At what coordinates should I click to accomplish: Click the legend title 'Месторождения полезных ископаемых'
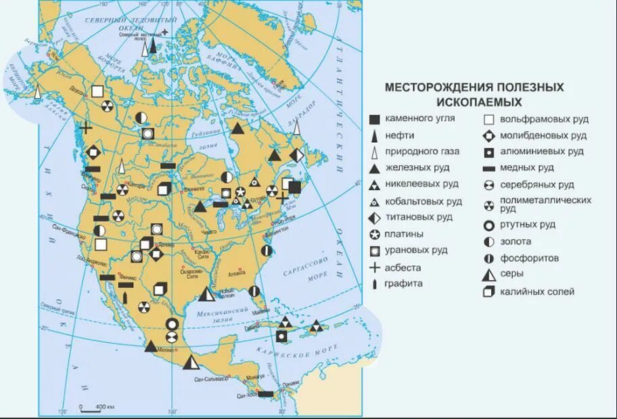[474, 95]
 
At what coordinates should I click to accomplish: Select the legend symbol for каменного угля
[374, 119]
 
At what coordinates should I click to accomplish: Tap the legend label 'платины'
[405, 234]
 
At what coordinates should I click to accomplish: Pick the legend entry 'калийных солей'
[537, 292]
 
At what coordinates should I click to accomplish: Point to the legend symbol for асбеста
[374, 267]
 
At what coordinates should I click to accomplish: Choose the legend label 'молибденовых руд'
[543, 135]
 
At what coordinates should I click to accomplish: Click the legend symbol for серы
[487, 274]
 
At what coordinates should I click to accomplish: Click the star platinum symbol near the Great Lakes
[240, 192]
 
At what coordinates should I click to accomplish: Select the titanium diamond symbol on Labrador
[297, 155]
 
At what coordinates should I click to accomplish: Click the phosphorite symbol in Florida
[253, 291]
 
